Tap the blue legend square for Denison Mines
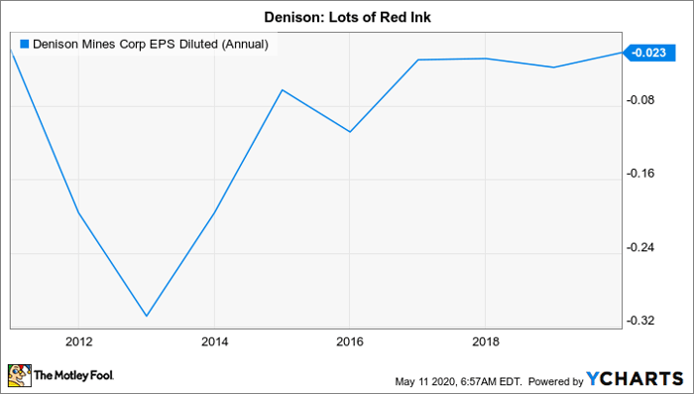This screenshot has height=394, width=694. (25, 44)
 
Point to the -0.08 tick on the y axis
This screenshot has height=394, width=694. (646, 101)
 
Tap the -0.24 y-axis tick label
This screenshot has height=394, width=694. (646, 248)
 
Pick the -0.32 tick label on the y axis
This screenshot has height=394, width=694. (646, 321)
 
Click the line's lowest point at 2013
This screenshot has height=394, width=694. (147, 317)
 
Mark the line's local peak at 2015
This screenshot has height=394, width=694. (283, 90)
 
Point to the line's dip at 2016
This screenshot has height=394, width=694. (350, 132)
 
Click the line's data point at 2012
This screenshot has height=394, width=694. (79, 213)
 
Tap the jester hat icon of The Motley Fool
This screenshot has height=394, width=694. (20, 376)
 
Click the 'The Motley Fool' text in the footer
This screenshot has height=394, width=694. (75, 377)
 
